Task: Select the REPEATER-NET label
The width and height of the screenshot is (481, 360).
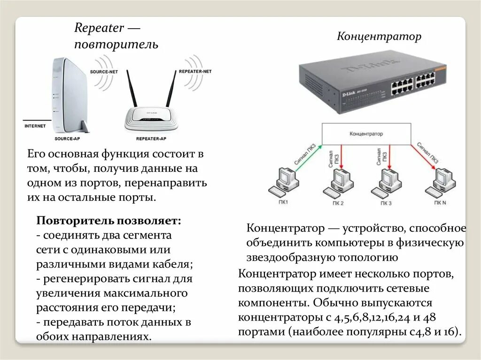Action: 195,71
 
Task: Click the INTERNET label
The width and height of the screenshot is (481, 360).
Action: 35,126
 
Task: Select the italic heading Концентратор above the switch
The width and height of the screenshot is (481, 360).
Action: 379,37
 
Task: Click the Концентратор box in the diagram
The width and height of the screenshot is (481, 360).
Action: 366,134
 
